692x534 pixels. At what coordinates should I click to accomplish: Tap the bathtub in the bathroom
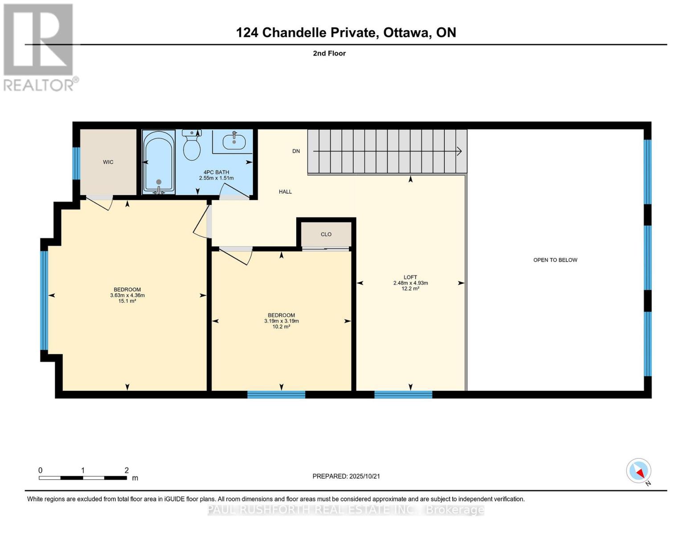[159, 162]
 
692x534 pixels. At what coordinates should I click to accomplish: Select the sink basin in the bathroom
[234, 142]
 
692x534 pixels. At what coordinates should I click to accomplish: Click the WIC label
[108, 162]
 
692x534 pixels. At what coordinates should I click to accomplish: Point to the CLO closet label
[326, 234]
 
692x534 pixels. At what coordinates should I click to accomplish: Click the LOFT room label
[410, 277]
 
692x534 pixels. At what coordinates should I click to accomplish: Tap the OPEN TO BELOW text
[555, 260]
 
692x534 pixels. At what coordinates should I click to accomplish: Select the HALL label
[285, 192]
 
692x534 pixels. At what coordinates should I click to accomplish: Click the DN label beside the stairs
[296, 151]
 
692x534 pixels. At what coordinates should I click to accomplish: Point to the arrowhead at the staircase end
[459, 151]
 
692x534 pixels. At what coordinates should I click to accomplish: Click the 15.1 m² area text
[127, 301]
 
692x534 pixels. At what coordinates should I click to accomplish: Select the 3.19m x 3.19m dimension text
[281, 321]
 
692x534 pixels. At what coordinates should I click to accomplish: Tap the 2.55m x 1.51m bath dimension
[216, 178]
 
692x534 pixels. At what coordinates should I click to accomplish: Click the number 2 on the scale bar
[127, 470]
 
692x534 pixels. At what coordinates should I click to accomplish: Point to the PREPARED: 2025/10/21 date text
[346, 476]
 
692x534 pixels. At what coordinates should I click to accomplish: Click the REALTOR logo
[39, 47]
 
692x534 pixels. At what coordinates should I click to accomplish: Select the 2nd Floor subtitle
[329, 53]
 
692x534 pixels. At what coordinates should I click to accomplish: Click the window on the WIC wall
[76, 163]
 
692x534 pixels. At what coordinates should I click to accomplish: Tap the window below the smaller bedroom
[276, 394]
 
